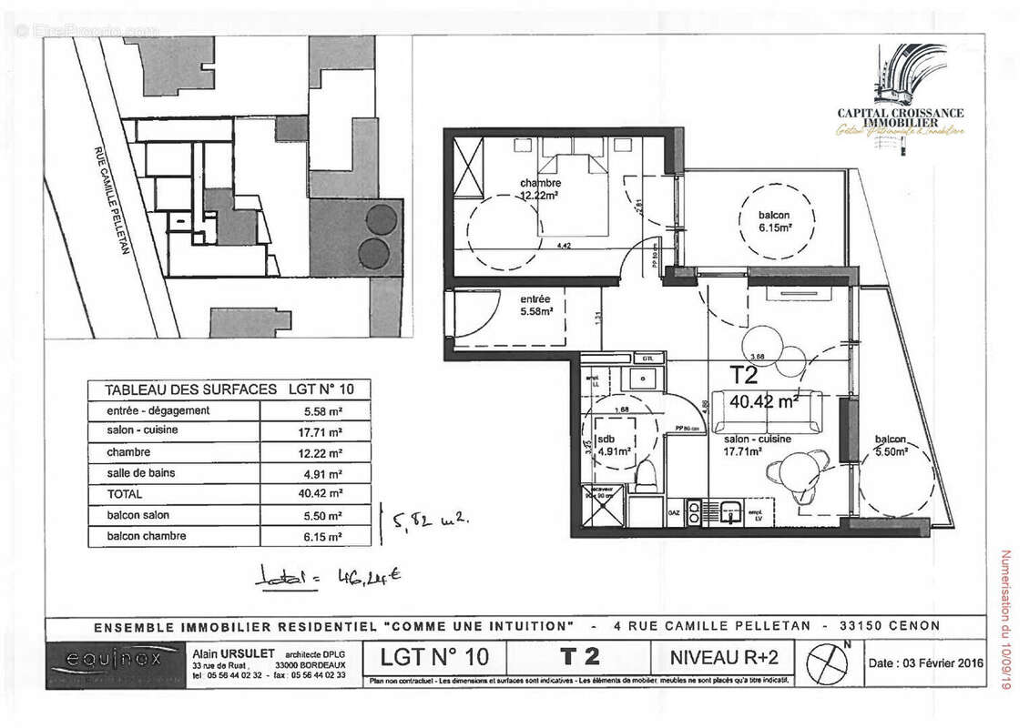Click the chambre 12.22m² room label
(540, 188)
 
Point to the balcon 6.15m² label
(774, 221)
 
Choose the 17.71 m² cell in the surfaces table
(316, 431)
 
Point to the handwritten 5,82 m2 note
(428, 521)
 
